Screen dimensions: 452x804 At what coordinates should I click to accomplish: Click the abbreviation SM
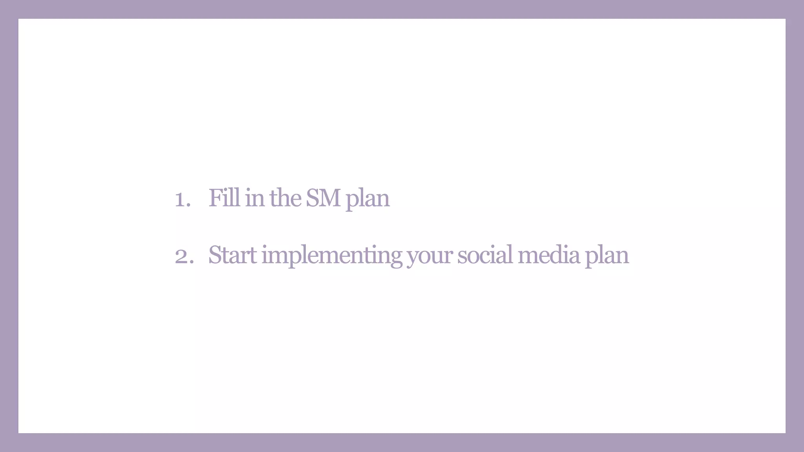tap(323, 198)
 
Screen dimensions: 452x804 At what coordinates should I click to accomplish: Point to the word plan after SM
tap(367, 199)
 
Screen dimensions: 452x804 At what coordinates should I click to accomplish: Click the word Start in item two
tap(232, 255)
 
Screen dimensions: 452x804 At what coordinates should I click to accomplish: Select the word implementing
tap(332, 256)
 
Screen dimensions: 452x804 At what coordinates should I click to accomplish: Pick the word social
tap(485, 255)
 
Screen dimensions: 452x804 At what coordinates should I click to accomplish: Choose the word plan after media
tap(607, 256)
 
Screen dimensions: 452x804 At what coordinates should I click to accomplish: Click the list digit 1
tap(180, 199)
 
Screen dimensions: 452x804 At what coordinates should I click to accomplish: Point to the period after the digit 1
tap(189, 205)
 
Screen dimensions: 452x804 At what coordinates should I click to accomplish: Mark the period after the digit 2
tap(192, 262)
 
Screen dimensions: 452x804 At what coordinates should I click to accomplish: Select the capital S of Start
tap(215, 255)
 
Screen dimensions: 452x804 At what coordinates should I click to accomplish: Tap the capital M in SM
tap(329, 198)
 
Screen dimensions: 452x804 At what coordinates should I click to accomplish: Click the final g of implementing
tap(396, 258)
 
